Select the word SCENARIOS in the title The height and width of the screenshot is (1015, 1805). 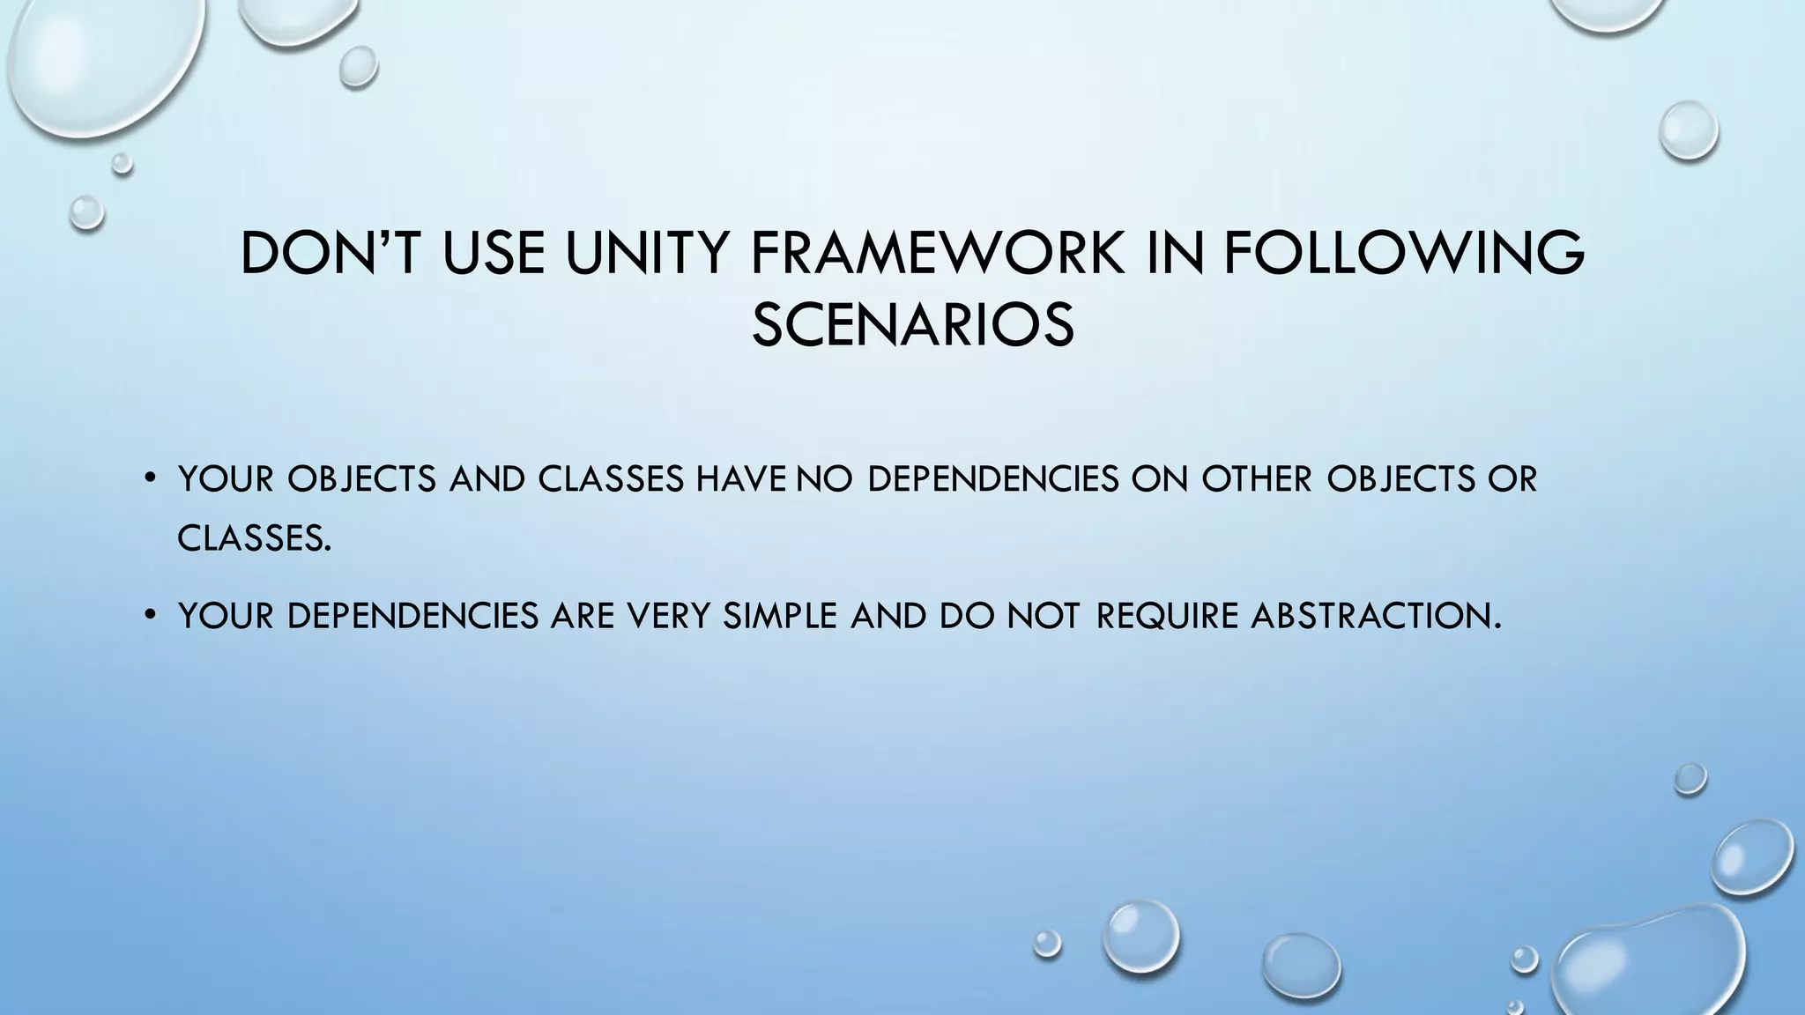coord(913,324)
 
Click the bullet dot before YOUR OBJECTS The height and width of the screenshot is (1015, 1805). coord(150,479)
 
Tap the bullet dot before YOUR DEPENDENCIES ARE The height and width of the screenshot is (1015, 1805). coord(150,615)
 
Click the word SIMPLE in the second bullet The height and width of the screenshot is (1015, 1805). coord(779,615)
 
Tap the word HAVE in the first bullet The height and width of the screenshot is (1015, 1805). coord(741,479)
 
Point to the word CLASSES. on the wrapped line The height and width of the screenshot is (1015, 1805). coord(255,537)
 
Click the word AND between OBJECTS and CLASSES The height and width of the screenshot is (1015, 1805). coord(487,479)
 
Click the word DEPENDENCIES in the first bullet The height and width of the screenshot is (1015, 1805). coord(993,479)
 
